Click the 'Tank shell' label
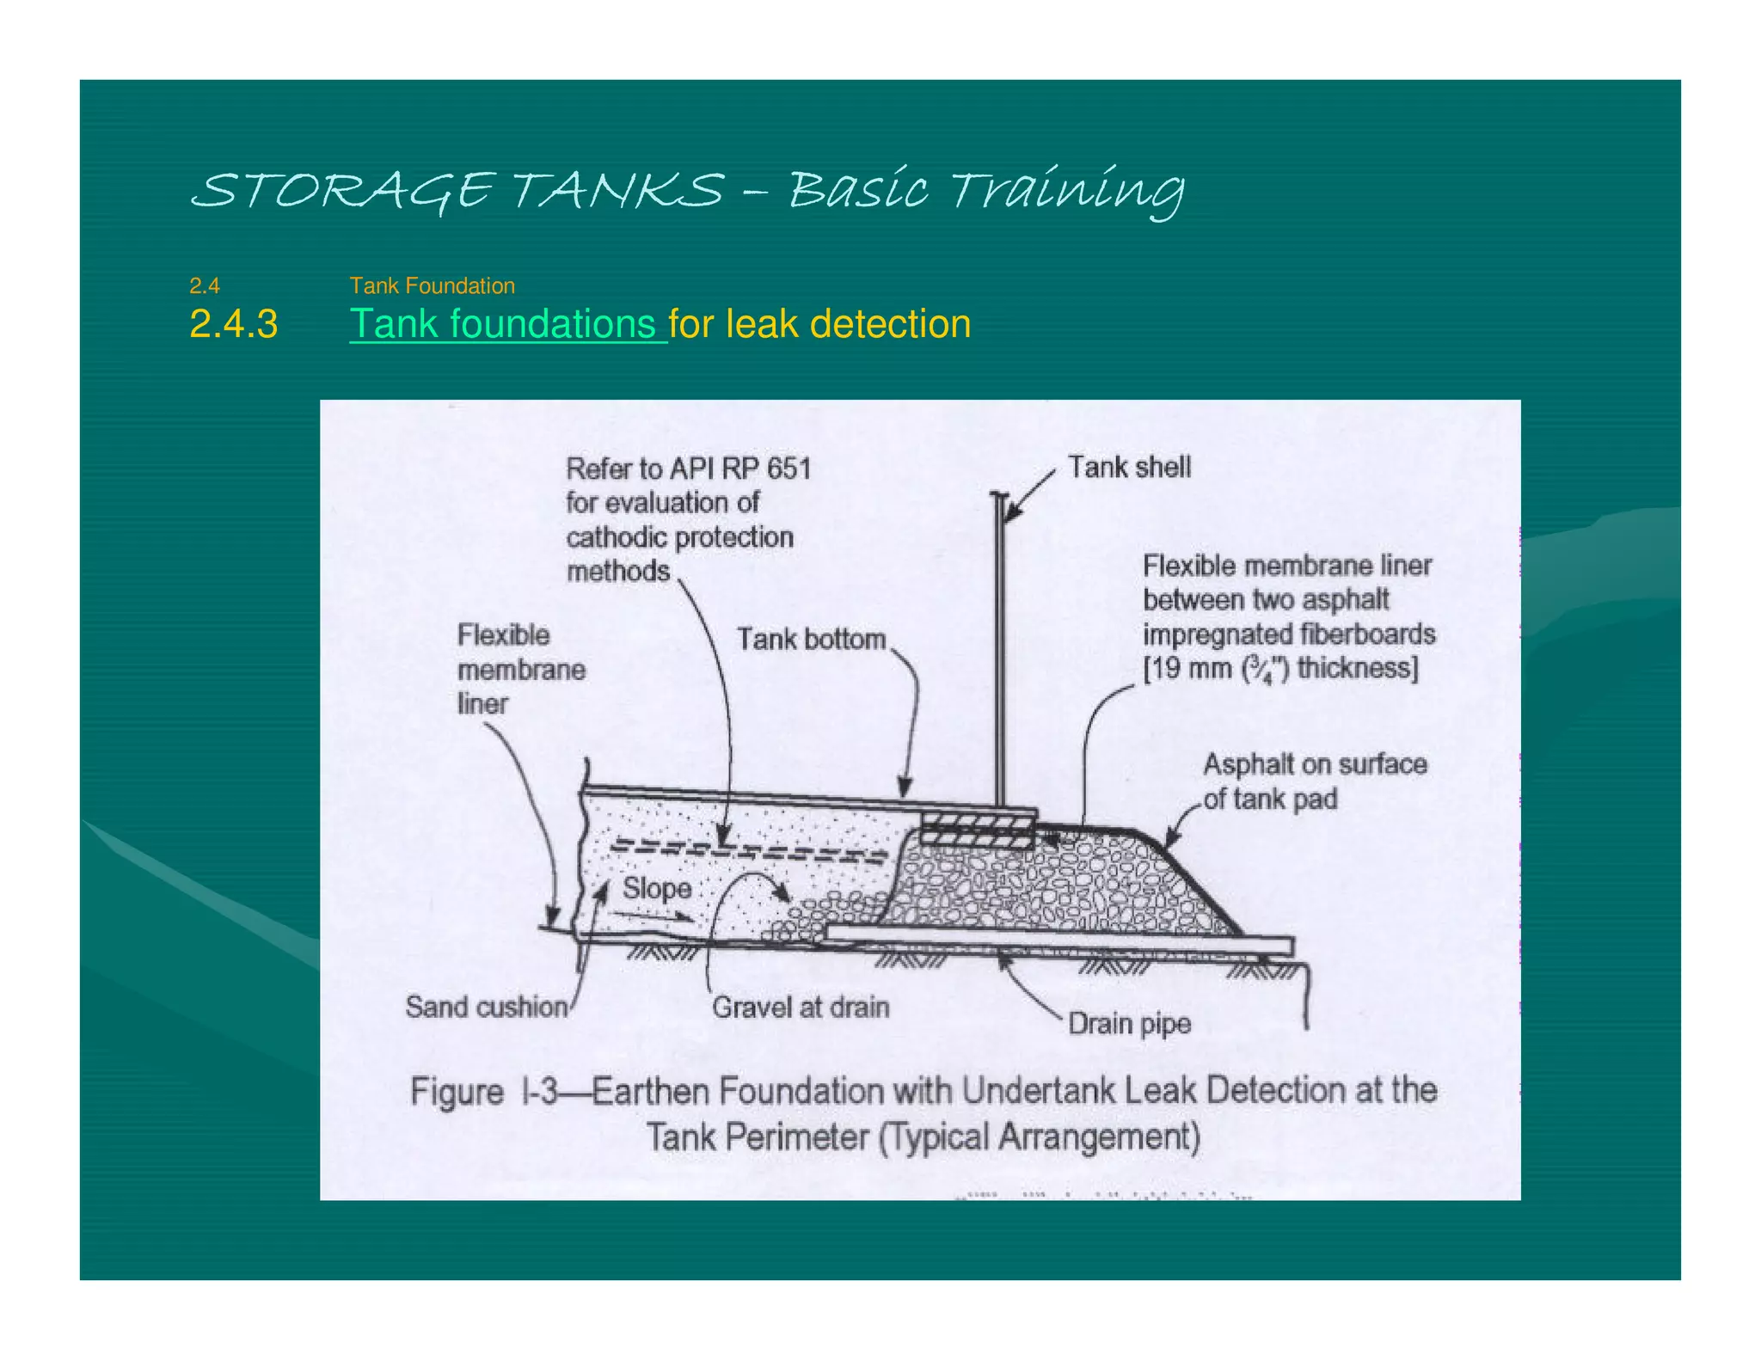1128,467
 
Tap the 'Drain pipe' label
1129,1023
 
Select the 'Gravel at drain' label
800,1007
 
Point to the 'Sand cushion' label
486,1007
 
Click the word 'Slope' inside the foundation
657,888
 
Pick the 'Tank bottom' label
810,640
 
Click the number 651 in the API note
788,469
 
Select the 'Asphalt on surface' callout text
1314,764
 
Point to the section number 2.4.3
233,324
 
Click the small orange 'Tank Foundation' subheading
432,285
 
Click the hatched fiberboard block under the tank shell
976,831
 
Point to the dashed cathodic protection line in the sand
748,850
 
